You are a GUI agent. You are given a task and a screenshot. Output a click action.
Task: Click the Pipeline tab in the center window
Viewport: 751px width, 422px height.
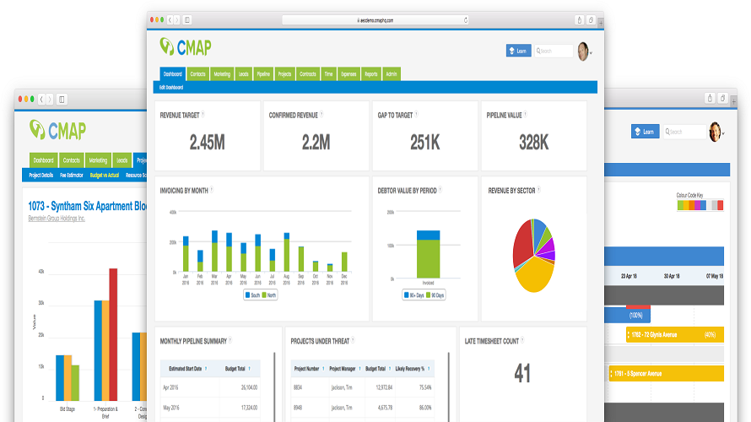click(x=263, y=74)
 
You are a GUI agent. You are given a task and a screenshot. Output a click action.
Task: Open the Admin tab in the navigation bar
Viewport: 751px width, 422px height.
click(x=392, y=74)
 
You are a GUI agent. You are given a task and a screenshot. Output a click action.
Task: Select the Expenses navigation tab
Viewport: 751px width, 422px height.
click(x=348, y=74)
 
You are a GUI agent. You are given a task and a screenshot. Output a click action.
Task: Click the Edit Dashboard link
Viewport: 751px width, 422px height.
click(x=171, y=87)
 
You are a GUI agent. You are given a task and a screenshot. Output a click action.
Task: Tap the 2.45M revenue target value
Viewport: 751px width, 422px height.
click(x=207, y=143)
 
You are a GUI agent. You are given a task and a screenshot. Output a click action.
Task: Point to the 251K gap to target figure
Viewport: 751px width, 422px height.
click(x=424, y=143)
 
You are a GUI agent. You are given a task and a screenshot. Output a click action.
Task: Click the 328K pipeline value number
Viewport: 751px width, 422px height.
click(x=533, y=143)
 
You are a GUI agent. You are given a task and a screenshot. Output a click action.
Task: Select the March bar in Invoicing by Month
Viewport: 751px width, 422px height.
click(x=215, y=252)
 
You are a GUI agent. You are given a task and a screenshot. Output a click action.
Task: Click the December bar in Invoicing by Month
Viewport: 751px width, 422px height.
click(x=344, y=262)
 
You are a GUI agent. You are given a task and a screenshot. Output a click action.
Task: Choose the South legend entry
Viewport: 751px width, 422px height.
click(x=251, y=295)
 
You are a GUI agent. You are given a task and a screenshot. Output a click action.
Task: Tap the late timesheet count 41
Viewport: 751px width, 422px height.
click(x=522, y=372)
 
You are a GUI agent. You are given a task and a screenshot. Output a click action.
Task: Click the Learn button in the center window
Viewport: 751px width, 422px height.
click(x=518, y=51)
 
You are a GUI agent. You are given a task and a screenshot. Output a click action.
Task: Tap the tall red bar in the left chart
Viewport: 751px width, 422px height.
click(x=113, y=338)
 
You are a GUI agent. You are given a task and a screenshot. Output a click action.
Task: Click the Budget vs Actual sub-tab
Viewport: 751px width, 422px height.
click(x=104, y=176)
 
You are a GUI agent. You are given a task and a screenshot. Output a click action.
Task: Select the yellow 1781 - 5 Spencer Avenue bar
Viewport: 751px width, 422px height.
click(x=667, y=373)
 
